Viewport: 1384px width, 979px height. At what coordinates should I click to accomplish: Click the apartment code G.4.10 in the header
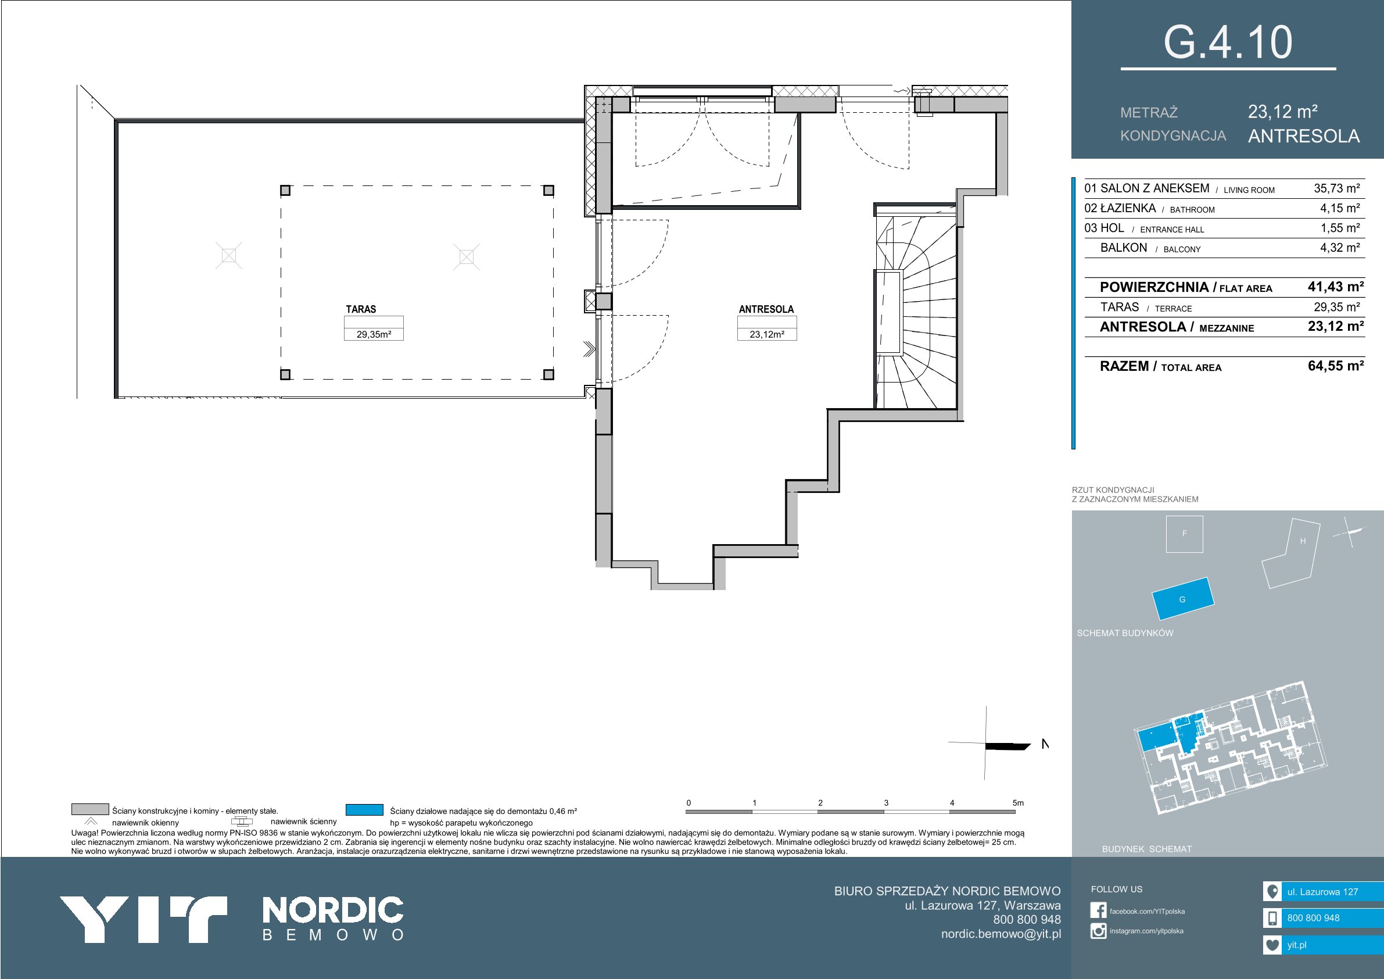point(1227,42)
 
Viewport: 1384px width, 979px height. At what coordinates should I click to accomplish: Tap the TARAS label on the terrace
point(360,309)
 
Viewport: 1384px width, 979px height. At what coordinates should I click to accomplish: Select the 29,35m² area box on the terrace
point(374,334)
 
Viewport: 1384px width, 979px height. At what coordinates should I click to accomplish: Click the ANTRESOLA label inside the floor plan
point(766,309)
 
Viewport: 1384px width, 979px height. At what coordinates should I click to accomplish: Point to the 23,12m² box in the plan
point(767,334)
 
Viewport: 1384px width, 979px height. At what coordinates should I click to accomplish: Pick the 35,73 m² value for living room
point(1337,188)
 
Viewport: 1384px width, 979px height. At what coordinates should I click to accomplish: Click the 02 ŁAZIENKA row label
point(1120,208)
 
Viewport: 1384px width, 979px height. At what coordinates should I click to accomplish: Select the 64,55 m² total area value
point(1336,366)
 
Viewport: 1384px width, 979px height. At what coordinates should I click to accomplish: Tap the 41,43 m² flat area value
point(1336,287)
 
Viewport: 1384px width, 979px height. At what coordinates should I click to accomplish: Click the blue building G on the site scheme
point(1182,598)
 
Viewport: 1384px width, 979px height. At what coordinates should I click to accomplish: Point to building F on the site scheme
point(1185,534)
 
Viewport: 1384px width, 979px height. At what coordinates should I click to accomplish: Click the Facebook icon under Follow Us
point(1098,910)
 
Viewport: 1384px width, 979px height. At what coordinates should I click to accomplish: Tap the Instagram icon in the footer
point(1098,931)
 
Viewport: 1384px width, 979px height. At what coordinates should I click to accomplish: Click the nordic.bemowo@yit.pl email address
point(1001,934)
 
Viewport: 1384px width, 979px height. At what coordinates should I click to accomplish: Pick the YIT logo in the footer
point(144,919)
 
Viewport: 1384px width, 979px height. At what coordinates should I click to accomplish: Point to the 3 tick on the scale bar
point(886,803)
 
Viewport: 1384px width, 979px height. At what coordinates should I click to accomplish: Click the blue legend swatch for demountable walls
point(365,809)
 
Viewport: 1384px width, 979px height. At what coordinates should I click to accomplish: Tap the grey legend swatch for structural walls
point(90,809)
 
